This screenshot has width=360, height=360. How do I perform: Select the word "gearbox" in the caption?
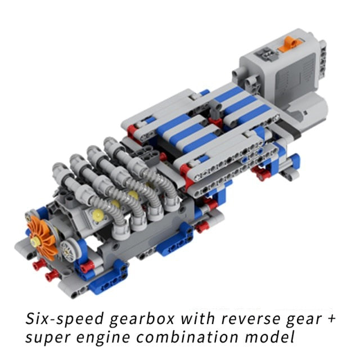tap(142, 319)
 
